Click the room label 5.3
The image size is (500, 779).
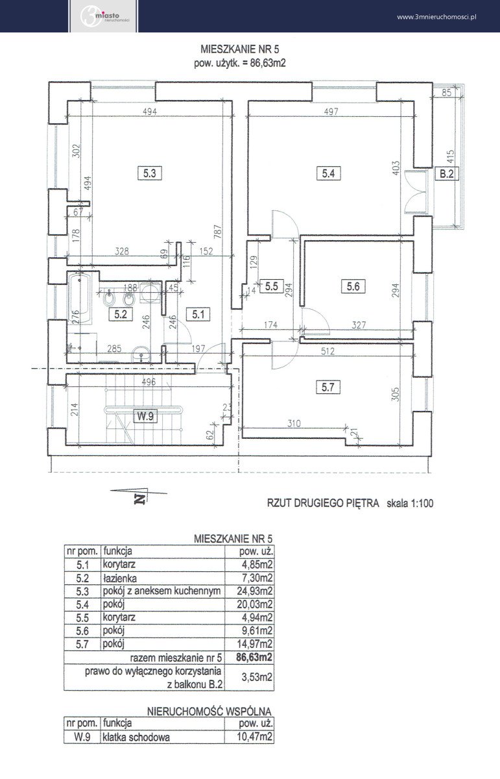coord(150,173)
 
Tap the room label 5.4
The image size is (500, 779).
coord(328,173)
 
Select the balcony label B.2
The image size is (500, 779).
coord(447,173)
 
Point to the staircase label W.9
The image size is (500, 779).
coord(145,416)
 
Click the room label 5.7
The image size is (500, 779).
coord(328,387)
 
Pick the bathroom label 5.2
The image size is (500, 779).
coord(121,314)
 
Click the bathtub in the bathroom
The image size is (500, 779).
coord(79,299)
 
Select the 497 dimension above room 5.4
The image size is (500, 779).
coord(331,112)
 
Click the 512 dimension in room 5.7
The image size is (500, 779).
coord(327,351)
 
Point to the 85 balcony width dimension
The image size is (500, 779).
coord(446,92)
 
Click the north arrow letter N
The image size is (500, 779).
coord(140,499)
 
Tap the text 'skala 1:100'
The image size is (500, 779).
coord(410,503)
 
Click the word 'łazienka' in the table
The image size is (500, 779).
coord(120,578)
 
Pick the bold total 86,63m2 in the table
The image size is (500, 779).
coord(254,657)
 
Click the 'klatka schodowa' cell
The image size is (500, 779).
coord(136,737)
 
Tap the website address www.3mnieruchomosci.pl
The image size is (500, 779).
coord(436,17)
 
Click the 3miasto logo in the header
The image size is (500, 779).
coord(104,16)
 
